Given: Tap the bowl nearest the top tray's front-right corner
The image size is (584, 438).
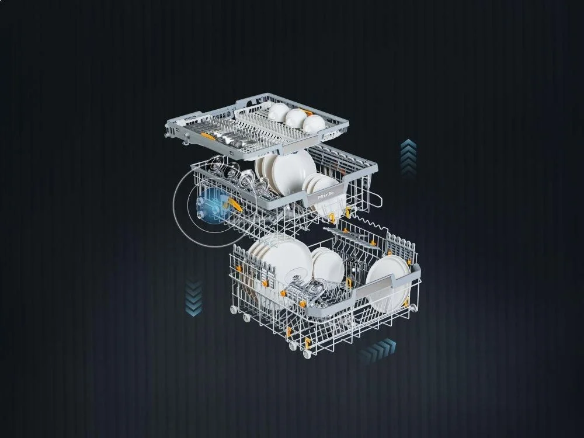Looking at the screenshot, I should point(314,123).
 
